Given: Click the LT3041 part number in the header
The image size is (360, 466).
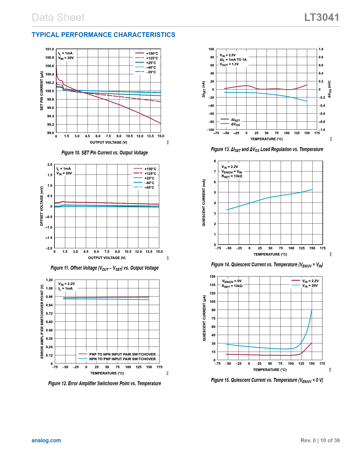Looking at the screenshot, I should click(322, 18).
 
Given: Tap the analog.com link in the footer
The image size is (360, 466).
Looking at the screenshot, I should click(46, 440).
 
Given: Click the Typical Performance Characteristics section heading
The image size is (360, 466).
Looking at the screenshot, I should click(103, 35).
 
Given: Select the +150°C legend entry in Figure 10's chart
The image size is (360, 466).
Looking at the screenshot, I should click(147, 53).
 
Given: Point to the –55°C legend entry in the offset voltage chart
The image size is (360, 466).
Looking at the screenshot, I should click(144, 188).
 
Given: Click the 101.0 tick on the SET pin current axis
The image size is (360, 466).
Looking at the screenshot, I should click(50, 49).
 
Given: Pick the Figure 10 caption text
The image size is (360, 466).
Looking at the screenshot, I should click(104, 153).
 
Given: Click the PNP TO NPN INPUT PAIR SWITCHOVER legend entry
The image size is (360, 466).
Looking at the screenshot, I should click(117, 354).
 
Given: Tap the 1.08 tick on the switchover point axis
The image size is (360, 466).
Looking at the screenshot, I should click(49, 288).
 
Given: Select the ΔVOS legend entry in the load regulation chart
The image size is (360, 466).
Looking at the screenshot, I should click(231, 125).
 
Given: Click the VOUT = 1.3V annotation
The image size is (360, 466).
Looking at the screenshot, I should click(229, 64).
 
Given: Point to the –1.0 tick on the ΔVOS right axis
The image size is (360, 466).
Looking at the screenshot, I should click(322, 130).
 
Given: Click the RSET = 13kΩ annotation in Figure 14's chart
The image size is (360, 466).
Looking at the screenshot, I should click(232, 176).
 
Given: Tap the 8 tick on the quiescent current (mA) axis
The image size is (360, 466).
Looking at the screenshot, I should click(215, 161).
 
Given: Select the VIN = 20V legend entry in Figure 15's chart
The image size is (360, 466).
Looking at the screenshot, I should click(305, 286).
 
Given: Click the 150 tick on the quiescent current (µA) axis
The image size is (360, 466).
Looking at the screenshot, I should click(213, 276).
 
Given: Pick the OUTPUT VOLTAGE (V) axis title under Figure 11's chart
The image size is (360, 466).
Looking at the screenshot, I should click(107, 258).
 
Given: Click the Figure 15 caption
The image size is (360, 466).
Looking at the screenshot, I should click(267, 380).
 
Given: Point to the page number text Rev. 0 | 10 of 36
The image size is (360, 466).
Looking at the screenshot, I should click(320, 440).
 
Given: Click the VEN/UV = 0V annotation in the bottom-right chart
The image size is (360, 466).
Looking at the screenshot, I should click(232, 281).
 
